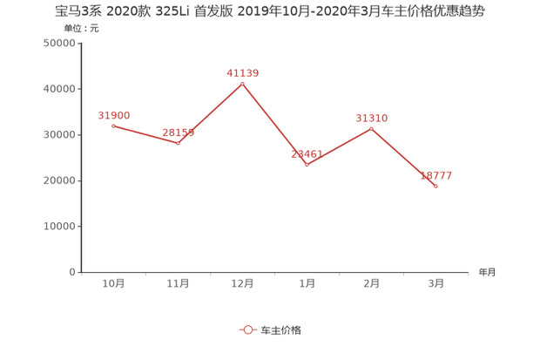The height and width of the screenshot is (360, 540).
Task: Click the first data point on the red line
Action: coord(113,126)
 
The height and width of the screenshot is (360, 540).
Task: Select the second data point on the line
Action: coord(178,143)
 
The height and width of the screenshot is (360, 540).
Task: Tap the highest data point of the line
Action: coord(242,83)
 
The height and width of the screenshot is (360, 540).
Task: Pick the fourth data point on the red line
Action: coord(307,164)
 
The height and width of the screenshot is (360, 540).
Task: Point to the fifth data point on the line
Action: coord(371,128)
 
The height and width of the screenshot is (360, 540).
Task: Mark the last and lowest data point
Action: coord(435,186)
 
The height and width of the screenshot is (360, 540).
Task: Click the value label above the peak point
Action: coord(242,72)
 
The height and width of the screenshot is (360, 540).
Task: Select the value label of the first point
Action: coord(113,115)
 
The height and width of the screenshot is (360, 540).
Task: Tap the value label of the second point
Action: coord(179,132)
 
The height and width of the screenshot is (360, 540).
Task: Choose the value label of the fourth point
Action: coord(307,153)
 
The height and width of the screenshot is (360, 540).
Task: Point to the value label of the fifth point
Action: coord(371,117)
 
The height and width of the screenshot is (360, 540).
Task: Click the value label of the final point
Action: coord(436,175)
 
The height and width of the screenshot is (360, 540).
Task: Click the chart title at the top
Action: coord(269,11)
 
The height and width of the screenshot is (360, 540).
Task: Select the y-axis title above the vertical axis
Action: coord(80,29)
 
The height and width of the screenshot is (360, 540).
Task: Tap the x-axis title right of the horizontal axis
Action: coord(486,272)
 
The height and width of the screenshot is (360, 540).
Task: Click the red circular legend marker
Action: coord(247,330)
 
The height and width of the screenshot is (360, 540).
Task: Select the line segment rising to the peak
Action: coord(210,113)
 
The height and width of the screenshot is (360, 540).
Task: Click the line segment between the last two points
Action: coord(403,157)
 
